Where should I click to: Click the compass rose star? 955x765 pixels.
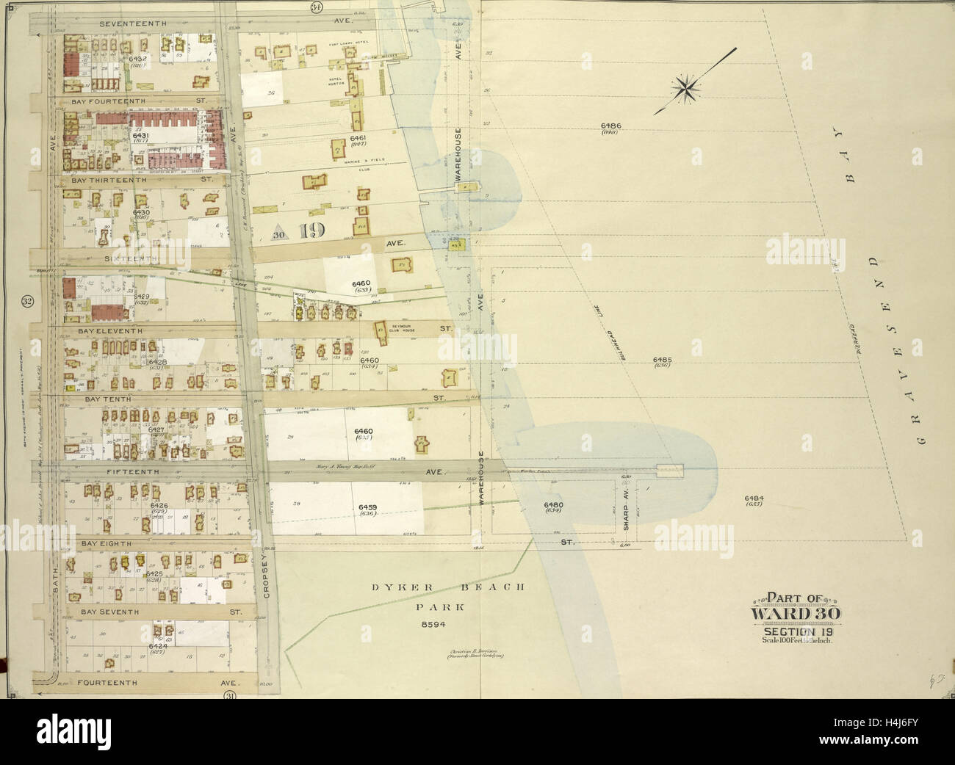[688, 89]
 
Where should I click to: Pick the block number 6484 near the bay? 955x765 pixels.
[754, 498]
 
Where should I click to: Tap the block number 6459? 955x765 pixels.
[367, 507]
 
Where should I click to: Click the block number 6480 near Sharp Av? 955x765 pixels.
[553, 504]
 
